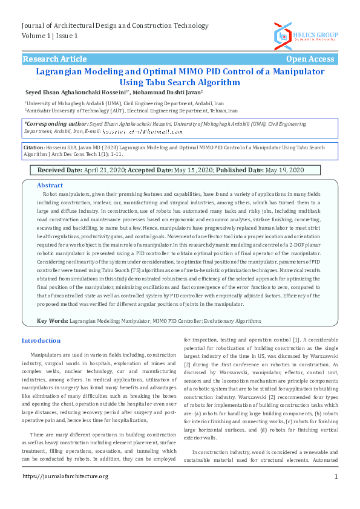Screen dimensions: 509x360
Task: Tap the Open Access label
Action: (x=309, y=59)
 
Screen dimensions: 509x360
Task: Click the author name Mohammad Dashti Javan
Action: (x=168, y=92)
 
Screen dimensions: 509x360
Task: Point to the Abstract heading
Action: (x=50, y=185)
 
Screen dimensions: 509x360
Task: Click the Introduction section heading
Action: (x=41, y=341)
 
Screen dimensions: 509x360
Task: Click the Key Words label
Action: (x=53, y=321)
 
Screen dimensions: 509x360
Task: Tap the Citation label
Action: (x=33, y=147)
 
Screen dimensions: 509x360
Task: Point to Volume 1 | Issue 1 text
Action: (x=50, y=36)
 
